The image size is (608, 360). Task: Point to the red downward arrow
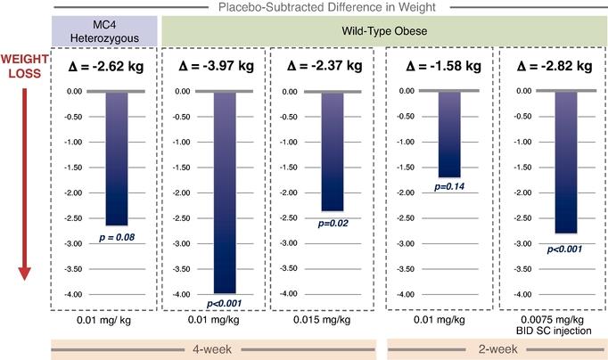[24, 178]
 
